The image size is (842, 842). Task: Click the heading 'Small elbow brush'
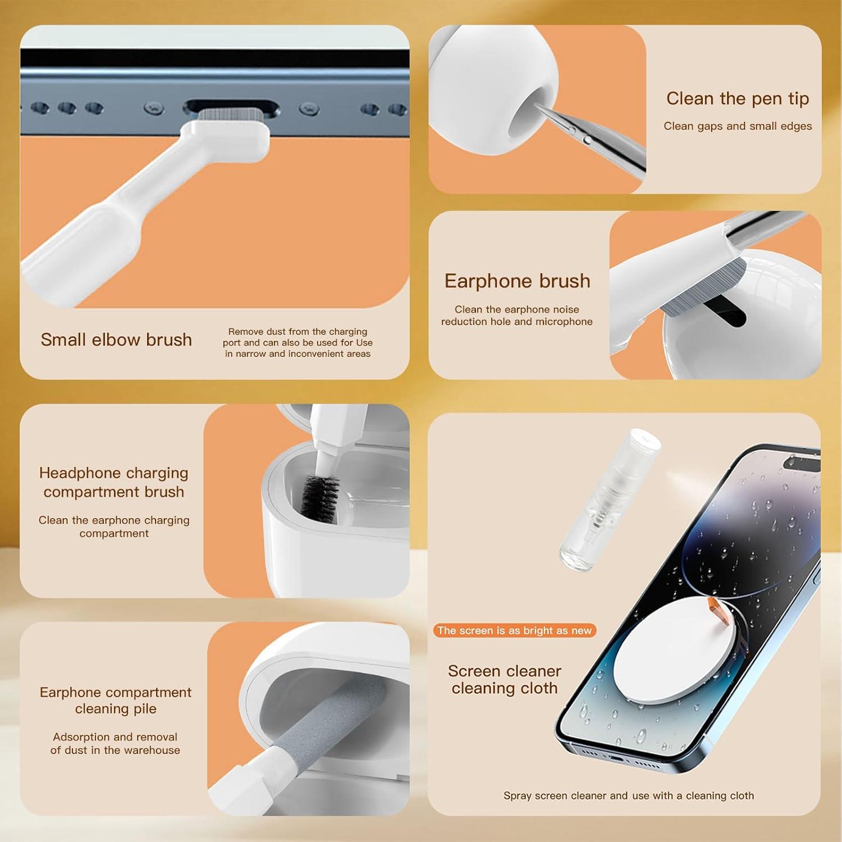(x=116, y=340)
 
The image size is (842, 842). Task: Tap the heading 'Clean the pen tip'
(x=737, y=99)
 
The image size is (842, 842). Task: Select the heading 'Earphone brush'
(x=517, y=281)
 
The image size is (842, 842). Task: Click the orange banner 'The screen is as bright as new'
(x=514, y=630)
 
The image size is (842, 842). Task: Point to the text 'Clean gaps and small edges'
(x=738, y=126)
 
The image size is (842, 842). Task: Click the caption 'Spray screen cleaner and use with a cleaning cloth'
(x=628, y=795)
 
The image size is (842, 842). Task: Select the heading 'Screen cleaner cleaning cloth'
(x=504, y=679)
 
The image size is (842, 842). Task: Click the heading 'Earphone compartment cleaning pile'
(x=116, y=700)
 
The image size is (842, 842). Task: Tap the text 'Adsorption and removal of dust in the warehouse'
(x=115, y=743)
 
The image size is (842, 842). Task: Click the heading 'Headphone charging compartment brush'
(x=114, y=482)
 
